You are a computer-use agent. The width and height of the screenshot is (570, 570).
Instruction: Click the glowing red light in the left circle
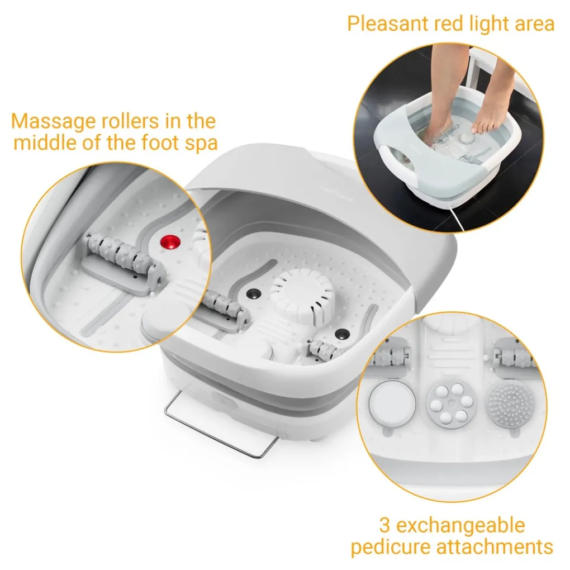point(170,242)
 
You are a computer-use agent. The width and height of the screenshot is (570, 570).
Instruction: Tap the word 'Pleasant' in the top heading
point(388,23)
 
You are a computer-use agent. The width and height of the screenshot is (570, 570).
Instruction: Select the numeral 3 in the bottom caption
point(385,525)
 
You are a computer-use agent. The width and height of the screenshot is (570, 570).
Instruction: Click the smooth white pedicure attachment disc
point(392,403)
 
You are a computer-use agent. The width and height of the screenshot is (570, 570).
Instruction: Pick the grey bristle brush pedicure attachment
point(511,404)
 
